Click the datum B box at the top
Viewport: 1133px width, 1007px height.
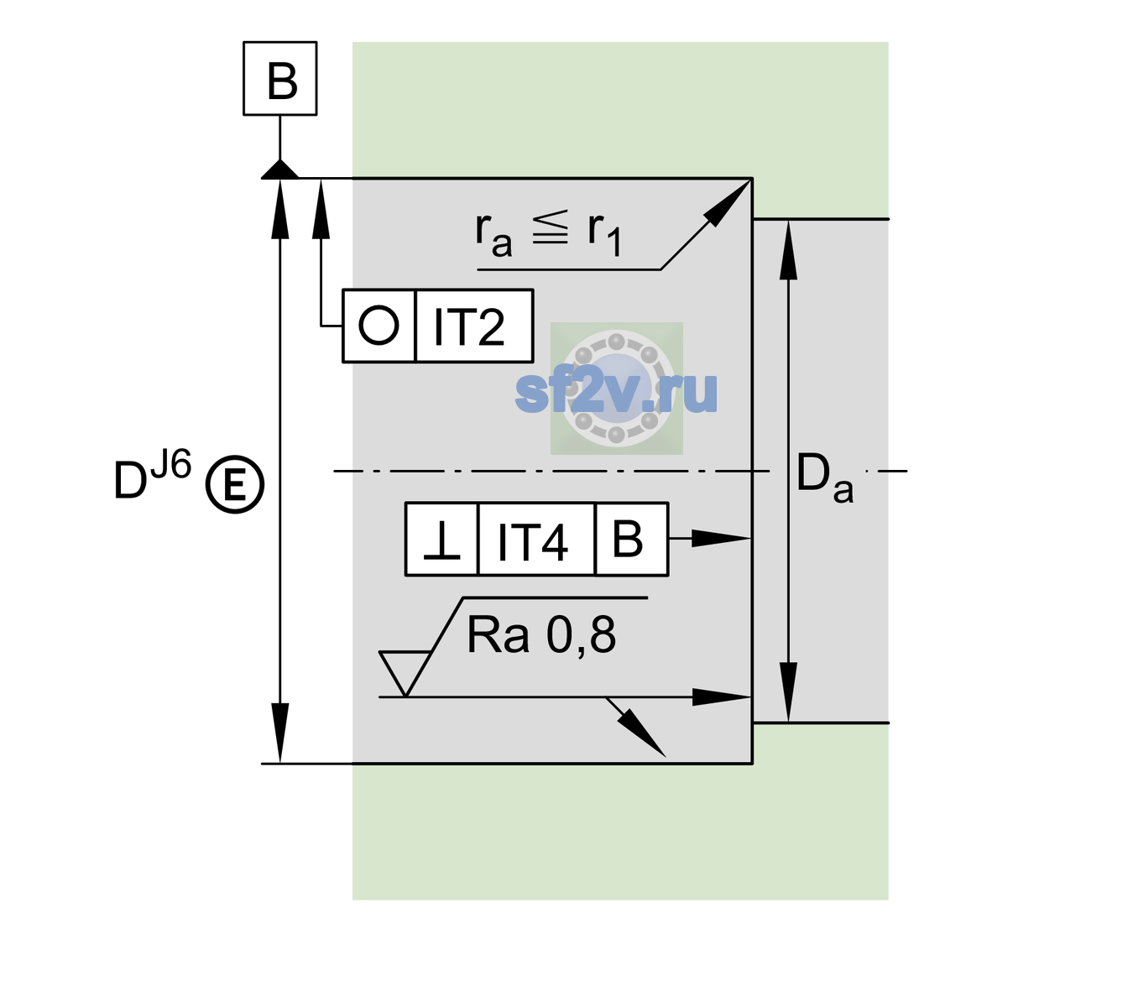click(279, 78)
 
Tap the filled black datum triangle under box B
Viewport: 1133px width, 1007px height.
click(279, 170)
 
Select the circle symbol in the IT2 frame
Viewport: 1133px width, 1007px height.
click(379, 326)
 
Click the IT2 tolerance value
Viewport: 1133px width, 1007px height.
click(468, 326)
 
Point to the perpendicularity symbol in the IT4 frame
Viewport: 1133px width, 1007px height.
click(441, 540)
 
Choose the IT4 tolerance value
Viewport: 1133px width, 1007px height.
click(532, 541)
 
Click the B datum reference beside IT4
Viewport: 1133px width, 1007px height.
click(628, 539)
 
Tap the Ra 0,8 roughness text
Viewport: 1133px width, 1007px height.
click(541, 635)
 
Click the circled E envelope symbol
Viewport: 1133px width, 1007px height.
click(235, 484)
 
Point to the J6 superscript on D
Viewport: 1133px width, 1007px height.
click(170, 464)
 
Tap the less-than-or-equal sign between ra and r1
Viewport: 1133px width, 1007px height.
click(550, 227)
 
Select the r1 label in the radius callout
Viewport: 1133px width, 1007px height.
click(604, 234)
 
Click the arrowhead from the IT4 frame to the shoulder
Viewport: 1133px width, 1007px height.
click(722, 539)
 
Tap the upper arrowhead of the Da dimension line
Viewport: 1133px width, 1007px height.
click(789, 250)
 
